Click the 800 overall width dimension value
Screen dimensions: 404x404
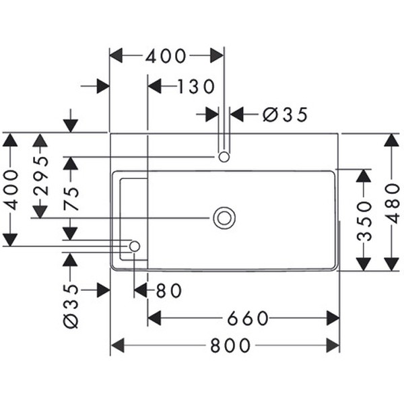[230, 345]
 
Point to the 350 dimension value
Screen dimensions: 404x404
[364, 220]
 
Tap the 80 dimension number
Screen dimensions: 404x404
[169, 290]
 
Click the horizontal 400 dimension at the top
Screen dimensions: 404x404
[166, 56]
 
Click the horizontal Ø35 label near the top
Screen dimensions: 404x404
[285, 114]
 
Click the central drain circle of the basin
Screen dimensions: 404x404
[224, 217]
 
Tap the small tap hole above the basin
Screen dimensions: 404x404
[224, 157]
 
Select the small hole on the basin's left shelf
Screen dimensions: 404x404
[134, 246]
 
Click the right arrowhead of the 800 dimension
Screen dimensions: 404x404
[333, 345]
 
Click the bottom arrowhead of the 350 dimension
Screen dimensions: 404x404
[364, 263]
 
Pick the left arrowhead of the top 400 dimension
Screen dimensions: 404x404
[116, 56]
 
